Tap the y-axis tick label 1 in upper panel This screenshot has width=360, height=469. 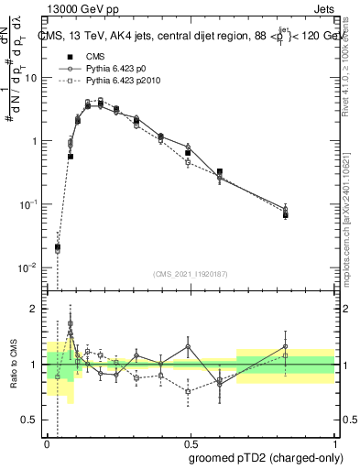coord(35,141)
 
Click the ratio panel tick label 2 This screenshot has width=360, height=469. coord(35,309)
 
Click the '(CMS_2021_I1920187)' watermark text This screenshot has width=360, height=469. coord(191,273)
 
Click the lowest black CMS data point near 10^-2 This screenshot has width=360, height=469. coord(58,247)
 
